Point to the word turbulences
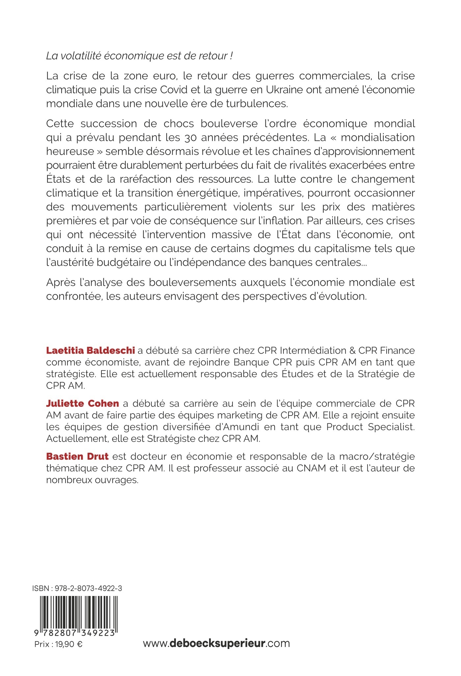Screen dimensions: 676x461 pos(256,104)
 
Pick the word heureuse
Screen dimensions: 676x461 pos(65,151)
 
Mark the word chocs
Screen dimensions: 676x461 pos(179,124)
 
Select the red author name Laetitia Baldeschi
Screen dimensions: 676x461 pos(91,350)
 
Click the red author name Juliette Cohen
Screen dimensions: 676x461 pos(82,403)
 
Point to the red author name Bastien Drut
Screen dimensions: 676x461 pos(77,456)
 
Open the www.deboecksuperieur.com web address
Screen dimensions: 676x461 pos(216,643)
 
